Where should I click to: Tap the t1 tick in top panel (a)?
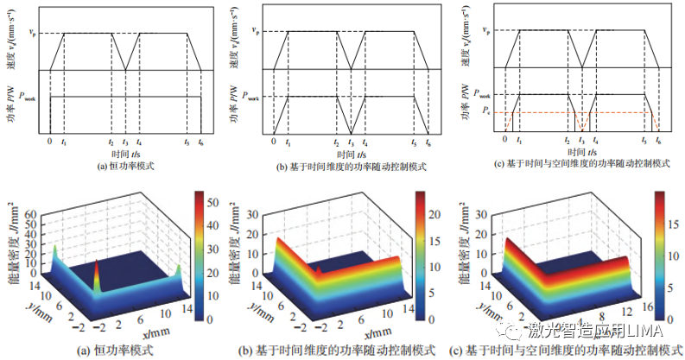click(65, 142)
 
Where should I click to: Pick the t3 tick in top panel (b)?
click(350, 142)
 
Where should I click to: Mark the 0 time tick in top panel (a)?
click(49, 141)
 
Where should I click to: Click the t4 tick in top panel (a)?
click(138, 142)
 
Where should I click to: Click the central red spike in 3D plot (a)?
click(97, 272)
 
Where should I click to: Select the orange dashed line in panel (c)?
click(579, 112)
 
